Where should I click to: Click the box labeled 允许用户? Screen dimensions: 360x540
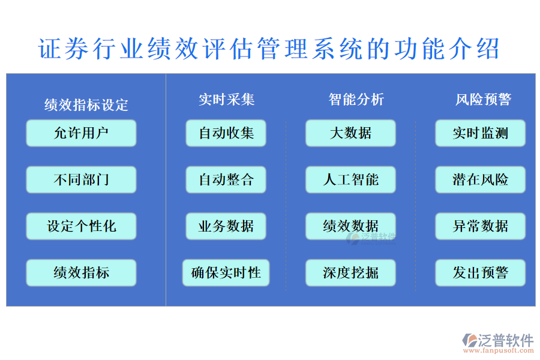click(81, 133)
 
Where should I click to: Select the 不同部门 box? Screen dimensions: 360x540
click(81, 179)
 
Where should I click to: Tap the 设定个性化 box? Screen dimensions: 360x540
click(81, 226)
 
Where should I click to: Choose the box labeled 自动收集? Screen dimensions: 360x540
click(226, 133)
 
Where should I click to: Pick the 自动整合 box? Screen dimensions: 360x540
click(226, 179)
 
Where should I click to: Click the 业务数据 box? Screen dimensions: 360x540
click(226, 226)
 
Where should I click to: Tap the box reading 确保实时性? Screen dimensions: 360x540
click(226, 273)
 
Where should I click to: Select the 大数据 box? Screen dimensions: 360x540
click(350, 133)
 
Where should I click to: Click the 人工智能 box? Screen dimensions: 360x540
click(350, 179)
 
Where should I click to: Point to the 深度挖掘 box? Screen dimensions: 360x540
click(350, 273)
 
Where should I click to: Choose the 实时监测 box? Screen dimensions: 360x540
click(480, 133)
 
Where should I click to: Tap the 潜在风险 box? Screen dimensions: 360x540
click(480, 179)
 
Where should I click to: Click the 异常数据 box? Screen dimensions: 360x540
click(480, 226)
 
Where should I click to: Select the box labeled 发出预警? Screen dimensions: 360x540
click(480, 273)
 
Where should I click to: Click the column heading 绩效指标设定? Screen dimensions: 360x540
click(86, 105)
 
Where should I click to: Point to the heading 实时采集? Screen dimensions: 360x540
click(226, 100)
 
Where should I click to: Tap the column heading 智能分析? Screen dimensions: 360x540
click(356, 100)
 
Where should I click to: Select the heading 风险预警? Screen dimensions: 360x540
click(483, 100)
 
